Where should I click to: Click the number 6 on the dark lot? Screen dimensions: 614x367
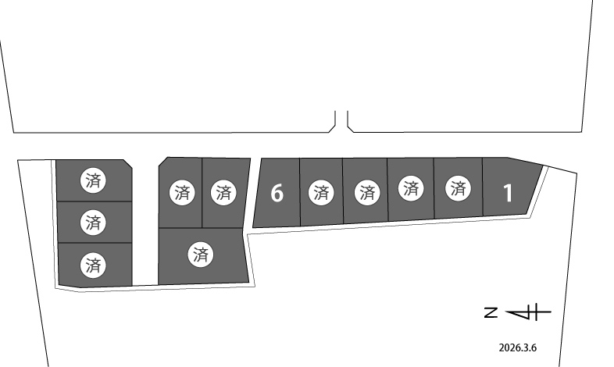(277, 193)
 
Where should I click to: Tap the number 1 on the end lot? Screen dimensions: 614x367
(508, 193)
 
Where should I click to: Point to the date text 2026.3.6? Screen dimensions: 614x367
(518, 347)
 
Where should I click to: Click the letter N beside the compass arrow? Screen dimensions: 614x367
(491, 312)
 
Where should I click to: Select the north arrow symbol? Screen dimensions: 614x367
(528, 312)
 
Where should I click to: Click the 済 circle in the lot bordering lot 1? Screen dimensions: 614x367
(458, 189)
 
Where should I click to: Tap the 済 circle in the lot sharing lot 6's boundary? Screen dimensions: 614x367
(321, 193)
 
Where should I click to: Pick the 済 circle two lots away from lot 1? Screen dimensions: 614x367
(411, 189)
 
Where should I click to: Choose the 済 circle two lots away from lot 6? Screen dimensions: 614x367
(367, 193)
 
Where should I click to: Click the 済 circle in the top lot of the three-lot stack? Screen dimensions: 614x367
(93, 180)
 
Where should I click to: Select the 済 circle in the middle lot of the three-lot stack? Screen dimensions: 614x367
(93, 223)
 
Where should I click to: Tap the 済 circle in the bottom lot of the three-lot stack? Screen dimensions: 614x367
(93, 265)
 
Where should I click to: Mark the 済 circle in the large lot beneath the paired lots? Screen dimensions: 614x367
(201, 255)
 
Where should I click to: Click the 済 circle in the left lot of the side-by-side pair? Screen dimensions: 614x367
(182, 193)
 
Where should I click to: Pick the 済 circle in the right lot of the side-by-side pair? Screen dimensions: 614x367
(223, 193)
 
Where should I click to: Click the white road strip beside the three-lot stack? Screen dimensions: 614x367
(145, 223)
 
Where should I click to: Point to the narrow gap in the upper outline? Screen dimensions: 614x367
(341, 120)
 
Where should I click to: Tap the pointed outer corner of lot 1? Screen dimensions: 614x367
(543, 166)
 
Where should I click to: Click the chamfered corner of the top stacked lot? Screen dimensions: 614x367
(128, 164)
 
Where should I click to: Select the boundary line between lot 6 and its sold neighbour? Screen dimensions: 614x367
(300, 192)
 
